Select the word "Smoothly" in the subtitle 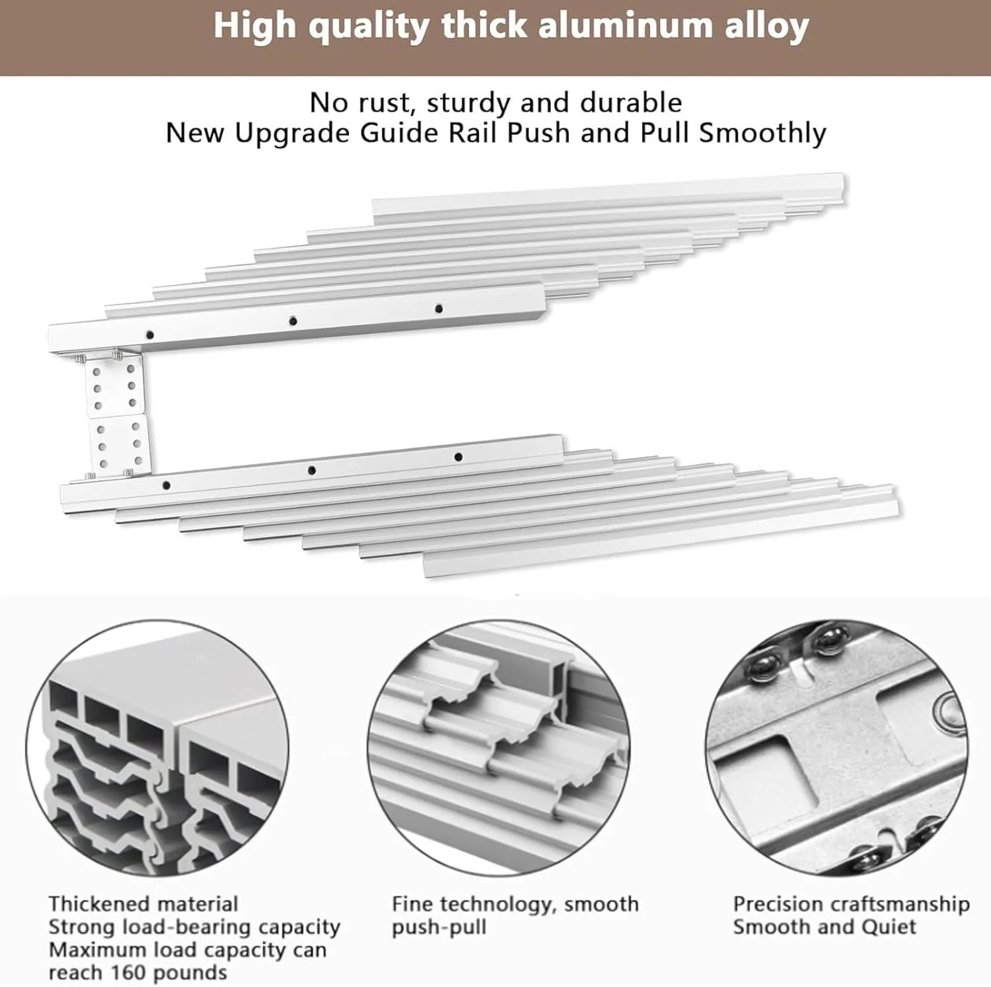[x=763, y=134]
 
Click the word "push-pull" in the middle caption [x=439, y=928]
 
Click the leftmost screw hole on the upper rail [x=150, y=335]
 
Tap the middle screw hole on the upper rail [x=293, y=321]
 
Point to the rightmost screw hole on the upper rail [x=439, y=309]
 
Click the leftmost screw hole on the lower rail [x=166, y=485]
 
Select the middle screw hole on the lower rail [x=312, y=471]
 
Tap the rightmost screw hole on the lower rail [x=459, y=457]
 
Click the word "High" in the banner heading [x=254, y=26]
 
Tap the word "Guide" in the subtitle [x=399, y=134]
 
